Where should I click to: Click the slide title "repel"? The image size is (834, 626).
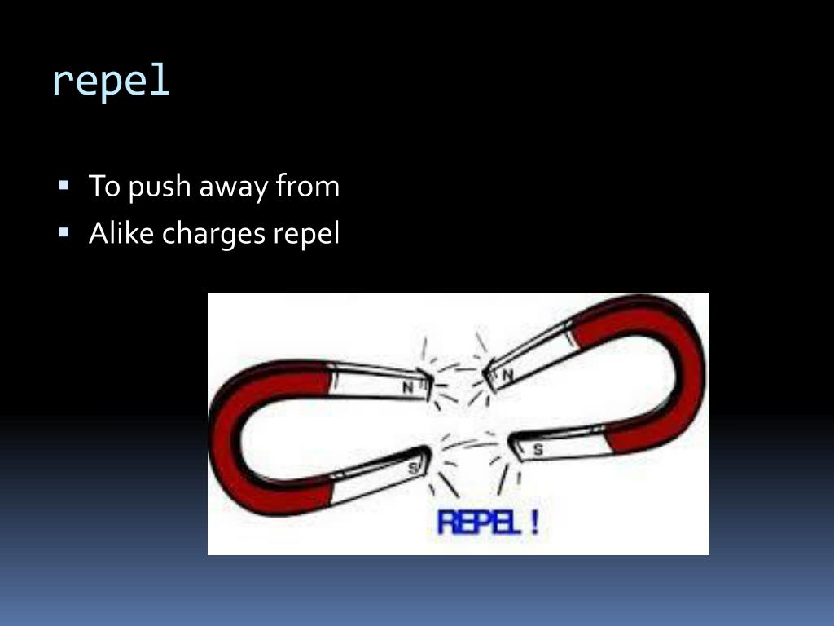(x=111, y=81)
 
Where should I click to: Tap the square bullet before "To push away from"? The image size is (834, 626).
(x=64, y=185)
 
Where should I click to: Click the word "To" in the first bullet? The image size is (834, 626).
(x=104, y=187)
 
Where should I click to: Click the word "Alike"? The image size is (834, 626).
(x=121, y=234)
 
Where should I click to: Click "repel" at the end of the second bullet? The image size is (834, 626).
(x=305, y=236)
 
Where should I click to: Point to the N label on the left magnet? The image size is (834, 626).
(x=409, y=388)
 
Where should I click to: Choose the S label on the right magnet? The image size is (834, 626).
(x=538, y=449)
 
